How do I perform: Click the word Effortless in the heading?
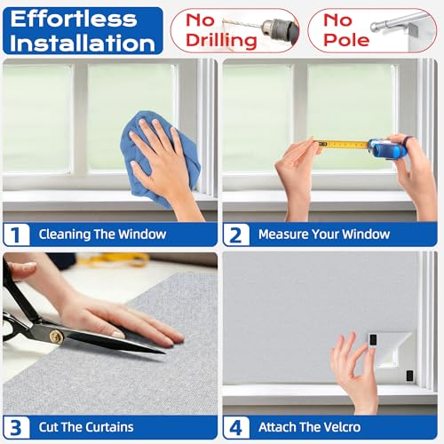74,19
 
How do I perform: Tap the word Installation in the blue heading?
83,43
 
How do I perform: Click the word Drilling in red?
221,41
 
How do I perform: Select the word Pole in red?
346,40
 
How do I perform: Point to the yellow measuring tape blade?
343,145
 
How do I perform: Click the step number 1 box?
17,234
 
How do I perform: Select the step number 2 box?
236,235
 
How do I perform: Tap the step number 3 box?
17,427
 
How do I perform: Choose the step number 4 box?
236,427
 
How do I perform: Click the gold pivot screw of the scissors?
56,337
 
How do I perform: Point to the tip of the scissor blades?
164,353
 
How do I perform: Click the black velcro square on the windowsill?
409,376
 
